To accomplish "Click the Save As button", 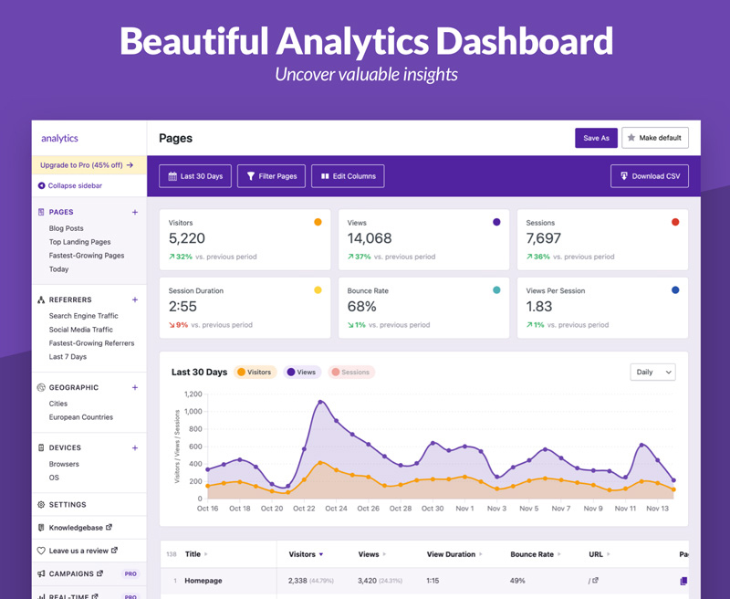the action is pos(596,138).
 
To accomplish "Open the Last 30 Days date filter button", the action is pos(195,176).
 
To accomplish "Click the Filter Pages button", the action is pos(271,176).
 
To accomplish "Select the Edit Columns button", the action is pos(348,176).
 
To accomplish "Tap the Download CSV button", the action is pos(650,176).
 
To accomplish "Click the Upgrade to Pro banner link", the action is pos(87,165).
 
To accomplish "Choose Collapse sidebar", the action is pos(70,185).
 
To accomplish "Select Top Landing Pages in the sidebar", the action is pos(79,242).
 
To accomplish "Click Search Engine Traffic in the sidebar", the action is pos(83,316).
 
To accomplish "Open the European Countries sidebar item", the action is pos(81,417).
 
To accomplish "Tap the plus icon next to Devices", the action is pos(134,447).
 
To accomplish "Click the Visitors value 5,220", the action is pos(187,238).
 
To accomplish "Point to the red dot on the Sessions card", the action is pos(675,222).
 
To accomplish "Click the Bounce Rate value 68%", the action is pos(361,307).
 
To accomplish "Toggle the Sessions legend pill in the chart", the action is pos(351,373).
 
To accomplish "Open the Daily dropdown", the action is pos(652,373).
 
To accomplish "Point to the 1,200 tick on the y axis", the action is pos(193,394).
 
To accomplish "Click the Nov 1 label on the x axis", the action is pos(464,509).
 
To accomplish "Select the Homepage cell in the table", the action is pos(203,581).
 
